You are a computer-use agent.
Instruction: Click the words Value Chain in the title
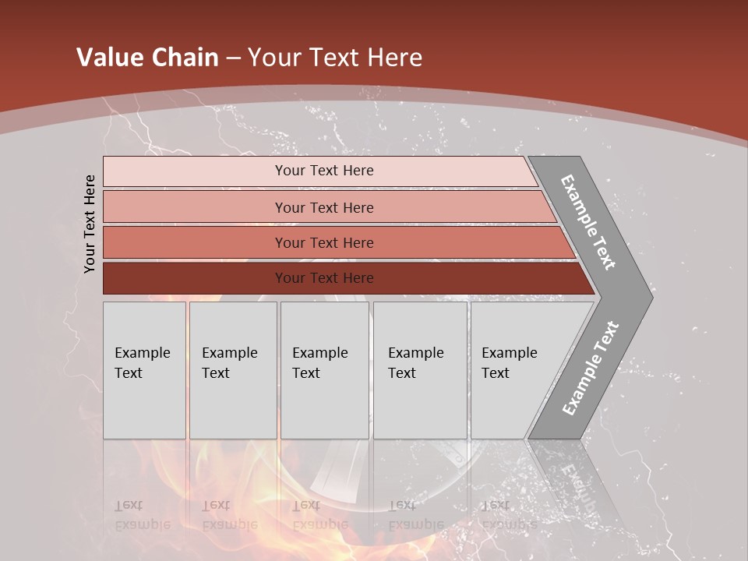(x=147, y=58)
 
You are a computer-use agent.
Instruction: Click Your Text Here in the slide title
(x=335, y=58)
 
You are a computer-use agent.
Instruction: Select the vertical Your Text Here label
(x=90, y=224)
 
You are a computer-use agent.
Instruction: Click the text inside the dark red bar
(x=324, y=278)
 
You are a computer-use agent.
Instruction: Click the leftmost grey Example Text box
(x=144, y=370)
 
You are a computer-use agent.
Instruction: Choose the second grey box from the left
(x=233, y=370)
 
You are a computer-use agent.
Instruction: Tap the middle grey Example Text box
(x=324, y=370)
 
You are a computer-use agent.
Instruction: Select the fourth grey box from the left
(x=420, y=370)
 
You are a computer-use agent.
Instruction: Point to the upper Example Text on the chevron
(x=588, y=222)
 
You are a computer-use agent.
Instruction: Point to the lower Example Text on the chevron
(x=590, y=369)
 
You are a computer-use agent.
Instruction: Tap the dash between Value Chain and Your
(x=233, y=58)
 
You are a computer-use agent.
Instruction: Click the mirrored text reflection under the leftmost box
(x=142, y=515)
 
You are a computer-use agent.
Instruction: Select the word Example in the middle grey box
(x=319, y=353)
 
